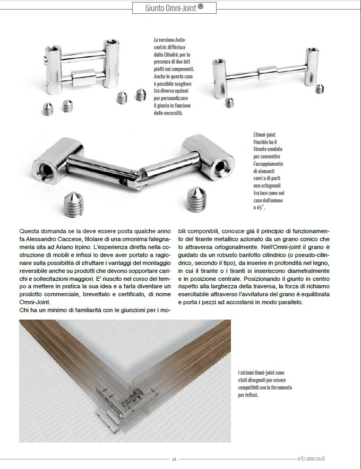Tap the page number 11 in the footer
click(175, 459)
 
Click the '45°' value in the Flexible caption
click(260, 207)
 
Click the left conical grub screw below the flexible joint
click(74, 203)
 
